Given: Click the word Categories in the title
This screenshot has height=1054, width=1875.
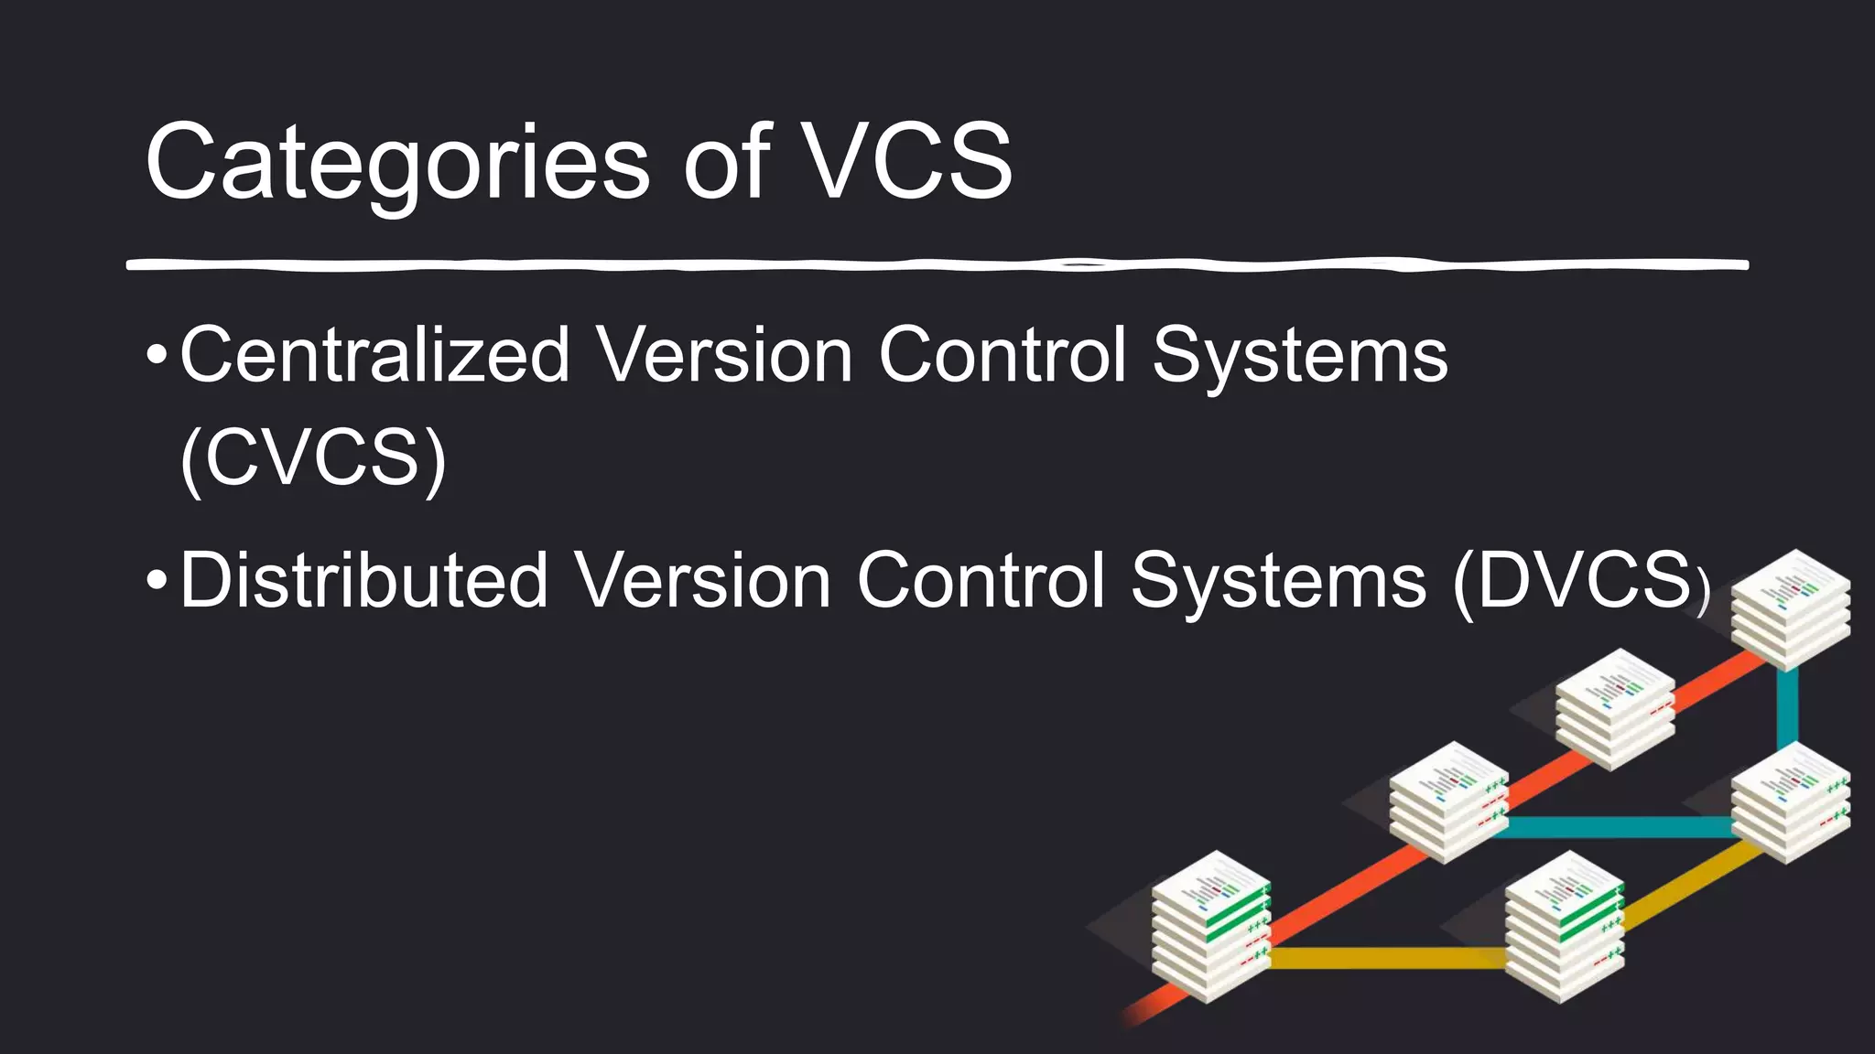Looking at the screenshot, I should coord(397,163).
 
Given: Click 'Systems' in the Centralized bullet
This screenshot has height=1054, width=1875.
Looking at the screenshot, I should coord(1300,357).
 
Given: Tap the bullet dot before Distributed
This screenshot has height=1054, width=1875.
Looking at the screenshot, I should coord(157,579).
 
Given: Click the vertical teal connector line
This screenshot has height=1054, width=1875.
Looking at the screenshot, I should coord(1787,710).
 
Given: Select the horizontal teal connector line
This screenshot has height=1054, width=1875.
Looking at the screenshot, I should coord(1616,827).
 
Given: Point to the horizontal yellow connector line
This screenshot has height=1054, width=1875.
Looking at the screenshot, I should coord(1387,958).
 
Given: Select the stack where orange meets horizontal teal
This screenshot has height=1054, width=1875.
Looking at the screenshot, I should coord(1448,801).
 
